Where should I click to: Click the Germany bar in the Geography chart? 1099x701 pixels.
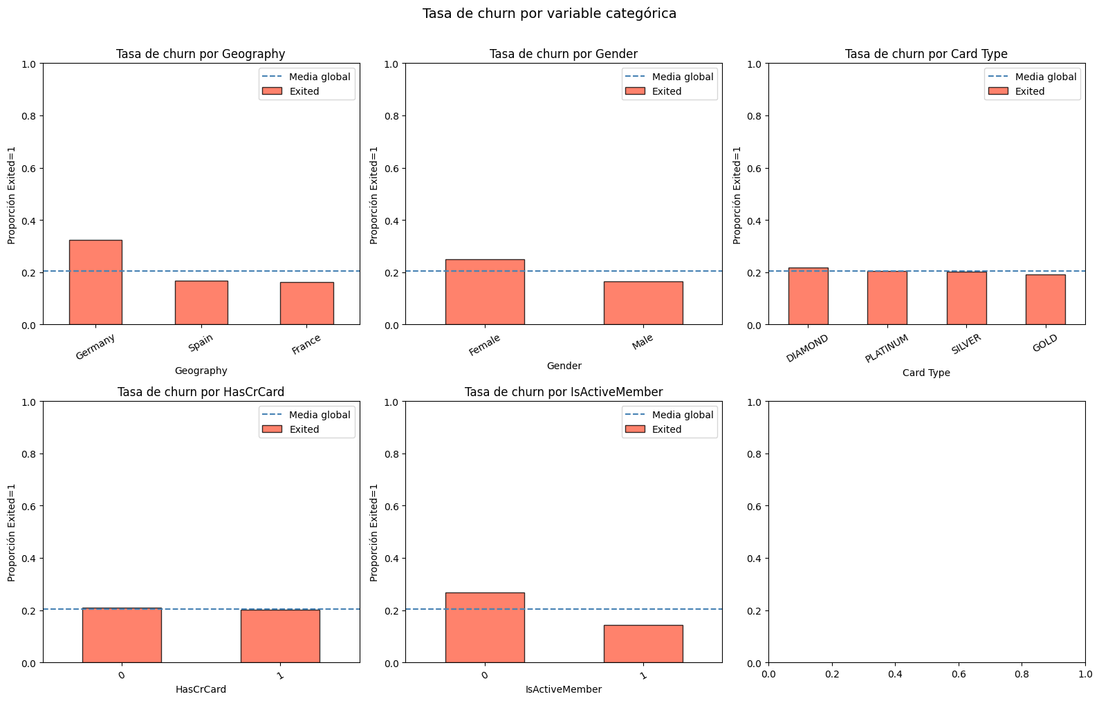[95, 282]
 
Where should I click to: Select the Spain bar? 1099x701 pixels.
[201, 303]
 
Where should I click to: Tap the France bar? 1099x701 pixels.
[307, 303]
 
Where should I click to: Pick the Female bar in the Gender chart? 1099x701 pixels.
[485, 292]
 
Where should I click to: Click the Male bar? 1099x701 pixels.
[643, 303]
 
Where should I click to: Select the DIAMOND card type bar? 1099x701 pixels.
[808, 296]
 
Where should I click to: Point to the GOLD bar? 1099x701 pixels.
[1046, 299]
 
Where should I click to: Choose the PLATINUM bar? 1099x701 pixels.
[887, 298]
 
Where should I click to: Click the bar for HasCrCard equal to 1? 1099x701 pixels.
[280, 636]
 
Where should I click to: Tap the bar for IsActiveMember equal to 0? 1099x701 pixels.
[485, 628]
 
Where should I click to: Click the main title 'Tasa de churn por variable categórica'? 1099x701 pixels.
[549, 13]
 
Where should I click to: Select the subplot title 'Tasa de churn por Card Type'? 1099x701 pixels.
[926, 53]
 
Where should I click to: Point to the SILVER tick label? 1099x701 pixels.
[966, 344]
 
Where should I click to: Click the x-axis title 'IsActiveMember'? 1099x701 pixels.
[564, 689]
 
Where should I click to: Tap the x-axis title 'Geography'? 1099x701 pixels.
[201, 371]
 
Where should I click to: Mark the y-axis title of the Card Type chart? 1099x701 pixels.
[737, 195]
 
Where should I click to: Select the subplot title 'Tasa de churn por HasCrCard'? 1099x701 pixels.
[201, 391]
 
